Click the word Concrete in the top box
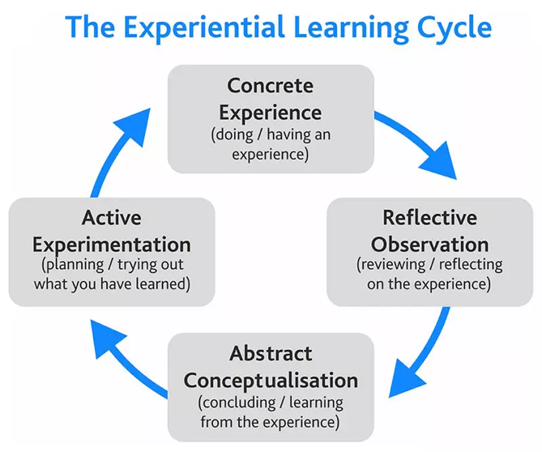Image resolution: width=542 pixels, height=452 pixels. pyautogui.click(x=270, y=86)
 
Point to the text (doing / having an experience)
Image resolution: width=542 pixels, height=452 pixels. pyautogui.click(x=271, y=143)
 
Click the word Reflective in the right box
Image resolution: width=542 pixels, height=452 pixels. pyautogui.click(x=429, y=218)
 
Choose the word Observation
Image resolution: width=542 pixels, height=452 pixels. pyautogui.click(x=429, y=244)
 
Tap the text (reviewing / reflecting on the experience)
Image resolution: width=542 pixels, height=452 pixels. pyautogui.click(x=429, y=275)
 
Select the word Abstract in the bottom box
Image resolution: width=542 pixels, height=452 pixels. pyautogui.click(x=271, y=353)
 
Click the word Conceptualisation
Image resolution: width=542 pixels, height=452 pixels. pyautogui.click(x=271, y=379)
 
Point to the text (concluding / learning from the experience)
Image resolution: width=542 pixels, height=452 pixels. pyautogui.click(x=271, y=411)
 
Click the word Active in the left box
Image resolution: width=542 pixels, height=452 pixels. pyautogui.click(x=112, y=218)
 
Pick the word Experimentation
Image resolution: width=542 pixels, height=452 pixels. pyautogui.click(x=112, y=244)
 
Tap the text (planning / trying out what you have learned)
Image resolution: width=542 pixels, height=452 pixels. pyautogui.click(x=112, y=275)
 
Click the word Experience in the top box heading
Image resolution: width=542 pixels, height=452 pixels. pyautogui.click(x=270, y=111)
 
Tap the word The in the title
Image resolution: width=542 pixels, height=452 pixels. pyautogui.click(x=89, y=28)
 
